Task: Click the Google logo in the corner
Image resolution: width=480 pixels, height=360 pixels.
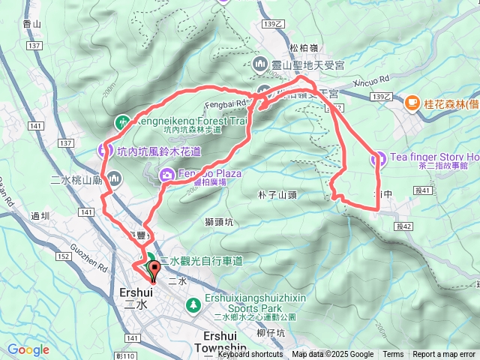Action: [28, 349]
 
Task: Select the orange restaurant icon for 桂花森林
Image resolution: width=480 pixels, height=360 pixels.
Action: [411, 102]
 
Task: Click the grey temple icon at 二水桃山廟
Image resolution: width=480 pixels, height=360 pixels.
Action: [114, 178]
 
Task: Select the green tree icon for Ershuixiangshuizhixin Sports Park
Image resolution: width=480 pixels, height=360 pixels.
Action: [193, 304]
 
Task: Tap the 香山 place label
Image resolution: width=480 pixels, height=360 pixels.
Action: [31, 24]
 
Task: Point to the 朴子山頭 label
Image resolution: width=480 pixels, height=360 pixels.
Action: [277, 195]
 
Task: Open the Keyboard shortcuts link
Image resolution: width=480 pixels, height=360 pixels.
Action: [251, 355]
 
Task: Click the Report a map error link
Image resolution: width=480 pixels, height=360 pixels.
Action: [443, 355]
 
